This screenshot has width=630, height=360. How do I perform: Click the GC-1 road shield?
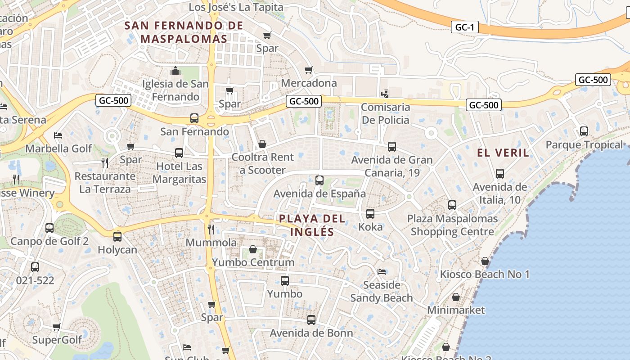[464, 27]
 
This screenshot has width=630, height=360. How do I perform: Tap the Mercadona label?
[309, 83]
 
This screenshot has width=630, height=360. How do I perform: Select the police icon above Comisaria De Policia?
[385, 94]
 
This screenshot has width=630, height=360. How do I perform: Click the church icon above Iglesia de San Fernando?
[175, 71]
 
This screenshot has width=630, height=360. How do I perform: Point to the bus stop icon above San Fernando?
[194, 118]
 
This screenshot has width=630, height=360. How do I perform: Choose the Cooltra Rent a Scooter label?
[262, 163]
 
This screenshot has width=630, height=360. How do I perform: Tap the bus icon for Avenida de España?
[319, 180]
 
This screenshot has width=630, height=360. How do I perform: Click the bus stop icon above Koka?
[370, 214]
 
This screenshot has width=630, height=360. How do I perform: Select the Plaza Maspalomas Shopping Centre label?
[452, 225]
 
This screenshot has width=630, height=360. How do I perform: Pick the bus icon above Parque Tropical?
[584, 131]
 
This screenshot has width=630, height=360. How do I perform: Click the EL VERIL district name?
[503, 153]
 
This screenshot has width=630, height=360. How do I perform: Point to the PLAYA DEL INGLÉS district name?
[312, 225]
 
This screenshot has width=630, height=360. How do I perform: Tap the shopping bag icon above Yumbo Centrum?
[253, 249]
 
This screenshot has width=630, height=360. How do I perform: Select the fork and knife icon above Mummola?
[211, 229]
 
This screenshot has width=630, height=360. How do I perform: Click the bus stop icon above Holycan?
[117, 236]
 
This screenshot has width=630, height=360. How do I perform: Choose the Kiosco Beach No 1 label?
[485, 274]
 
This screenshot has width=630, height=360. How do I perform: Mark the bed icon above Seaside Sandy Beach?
[382, 271]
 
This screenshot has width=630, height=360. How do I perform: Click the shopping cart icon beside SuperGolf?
[56, 327]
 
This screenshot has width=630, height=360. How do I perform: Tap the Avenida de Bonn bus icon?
[311, 320]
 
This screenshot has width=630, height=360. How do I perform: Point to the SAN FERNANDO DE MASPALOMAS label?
[184, 32]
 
